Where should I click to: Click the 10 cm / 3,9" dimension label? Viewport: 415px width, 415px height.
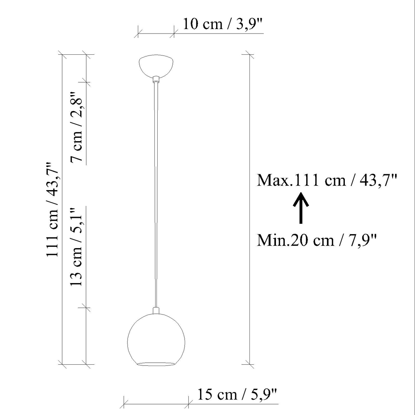[222, 24]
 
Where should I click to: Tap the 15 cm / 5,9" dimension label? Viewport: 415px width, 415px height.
[237, 395]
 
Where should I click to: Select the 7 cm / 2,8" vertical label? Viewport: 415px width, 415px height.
[77, 127]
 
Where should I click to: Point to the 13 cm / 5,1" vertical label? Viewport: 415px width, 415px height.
[77, 247]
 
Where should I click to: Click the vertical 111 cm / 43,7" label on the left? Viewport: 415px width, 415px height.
[52, 209]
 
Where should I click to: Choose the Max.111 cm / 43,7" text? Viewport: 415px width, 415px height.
[327, 181]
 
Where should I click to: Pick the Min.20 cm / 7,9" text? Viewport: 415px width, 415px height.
[317, 240]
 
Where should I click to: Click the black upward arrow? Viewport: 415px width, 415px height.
[300, 208]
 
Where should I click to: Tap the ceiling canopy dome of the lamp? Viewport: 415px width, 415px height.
[156, 66]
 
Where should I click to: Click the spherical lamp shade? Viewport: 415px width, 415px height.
[156, 340]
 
